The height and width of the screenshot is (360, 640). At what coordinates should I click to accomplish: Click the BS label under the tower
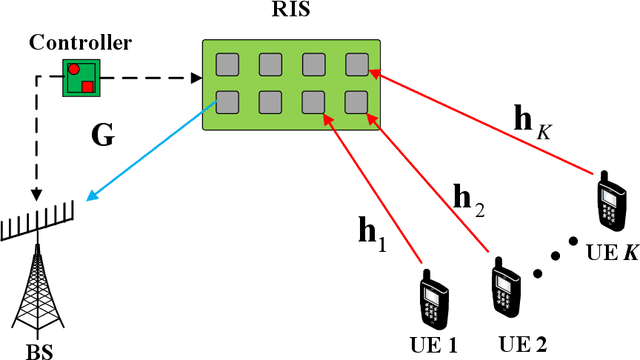pyautogui.click(x=39, y=349)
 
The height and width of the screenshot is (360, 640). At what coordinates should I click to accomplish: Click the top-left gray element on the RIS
pyautogui.click(x=227, y=65)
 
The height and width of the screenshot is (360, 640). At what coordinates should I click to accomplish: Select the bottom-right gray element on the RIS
pyautogui.click(x=357, y=102)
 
